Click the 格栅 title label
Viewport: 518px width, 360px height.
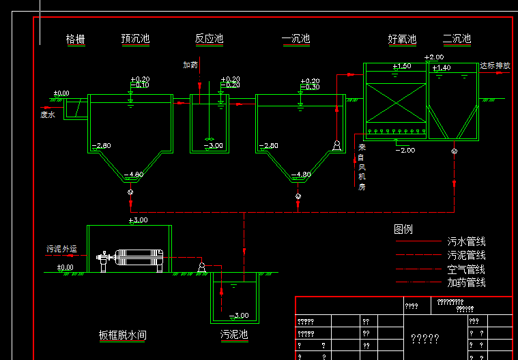click(75, 40)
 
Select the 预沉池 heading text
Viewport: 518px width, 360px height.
click(135, 40)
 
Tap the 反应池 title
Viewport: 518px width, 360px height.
click(209, 40)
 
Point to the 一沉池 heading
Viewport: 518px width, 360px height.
click(296, 40)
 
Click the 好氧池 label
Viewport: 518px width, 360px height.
click(402, 40)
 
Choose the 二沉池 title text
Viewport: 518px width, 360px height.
click(457, 40)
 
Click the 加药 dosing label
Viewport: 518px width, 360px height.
click(190, 65)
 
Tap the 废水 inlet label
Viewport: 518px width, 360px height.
click(47, 115)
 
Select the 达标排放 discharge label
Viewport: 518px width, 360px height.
click(495, 66)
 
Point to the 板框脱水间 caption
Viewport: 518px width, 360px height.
click(123, 335)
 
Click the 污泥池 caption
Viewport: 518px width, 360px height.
click(234, 335)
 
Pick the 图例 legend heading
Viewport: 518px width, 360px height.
click(403, 230)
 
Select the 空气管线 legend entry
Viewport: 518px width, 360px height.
click(467, 269)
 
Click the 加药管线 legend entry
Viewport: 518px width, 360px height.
click(467, 282)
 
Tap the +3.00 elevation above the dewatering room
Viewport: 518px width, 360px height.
click(138, 220)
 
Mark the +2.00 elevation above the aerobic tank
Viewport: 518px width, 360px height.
click(434, 57)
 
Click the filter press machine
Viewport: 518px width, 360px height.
click(135, 259)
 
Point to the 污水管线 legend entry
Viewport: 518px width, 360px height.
click(467, 241)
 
